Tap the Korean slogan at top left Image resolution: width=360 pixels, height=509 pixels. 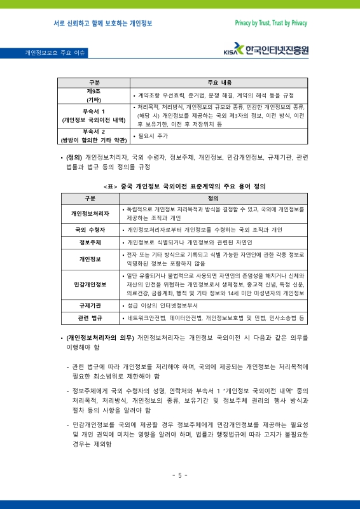103,23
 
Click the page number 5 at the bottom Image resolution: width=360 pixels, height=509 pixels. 180,475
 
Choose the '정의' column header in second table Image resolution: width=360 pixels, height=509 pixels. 213,198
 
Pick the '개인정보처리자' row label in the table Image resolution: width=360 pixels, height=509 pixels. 90,213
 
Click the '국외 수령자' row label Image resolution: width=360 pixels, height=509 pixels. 90,229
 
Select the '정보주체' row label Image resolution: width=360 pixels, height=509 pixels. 90,242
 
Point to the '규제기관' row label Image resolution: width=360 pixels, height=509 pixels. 90,305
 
